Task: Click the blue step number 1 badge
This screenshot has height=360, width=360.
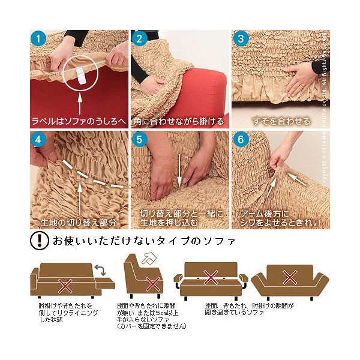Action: click(40, 39)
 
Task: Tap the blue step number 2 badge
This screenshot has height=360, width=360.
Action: click(140, 39)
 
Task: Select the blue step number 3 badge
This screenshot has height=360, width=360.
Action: click(241, 39)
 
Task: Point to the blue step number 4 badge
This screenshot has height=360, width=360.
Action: click(40, 140)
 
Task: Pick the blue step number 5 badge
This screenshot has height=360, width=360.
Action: click(140, 140)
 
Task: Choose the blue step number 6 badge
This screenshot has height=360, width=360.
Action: click(241, 140)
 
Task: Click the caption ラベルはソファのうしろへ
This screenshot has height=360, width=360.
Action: click(79, 121)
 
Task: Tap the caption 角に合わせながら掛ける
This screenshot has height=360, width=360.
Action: click(179, 121)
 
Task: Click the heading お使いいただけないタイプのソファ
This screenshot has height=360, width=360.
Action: click(144, 242)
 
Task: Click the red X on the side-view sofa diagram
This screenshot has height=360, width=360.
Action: click(154, 283)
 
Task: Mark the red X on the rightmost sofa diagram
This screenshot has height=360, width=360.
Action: click(290, 277)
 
